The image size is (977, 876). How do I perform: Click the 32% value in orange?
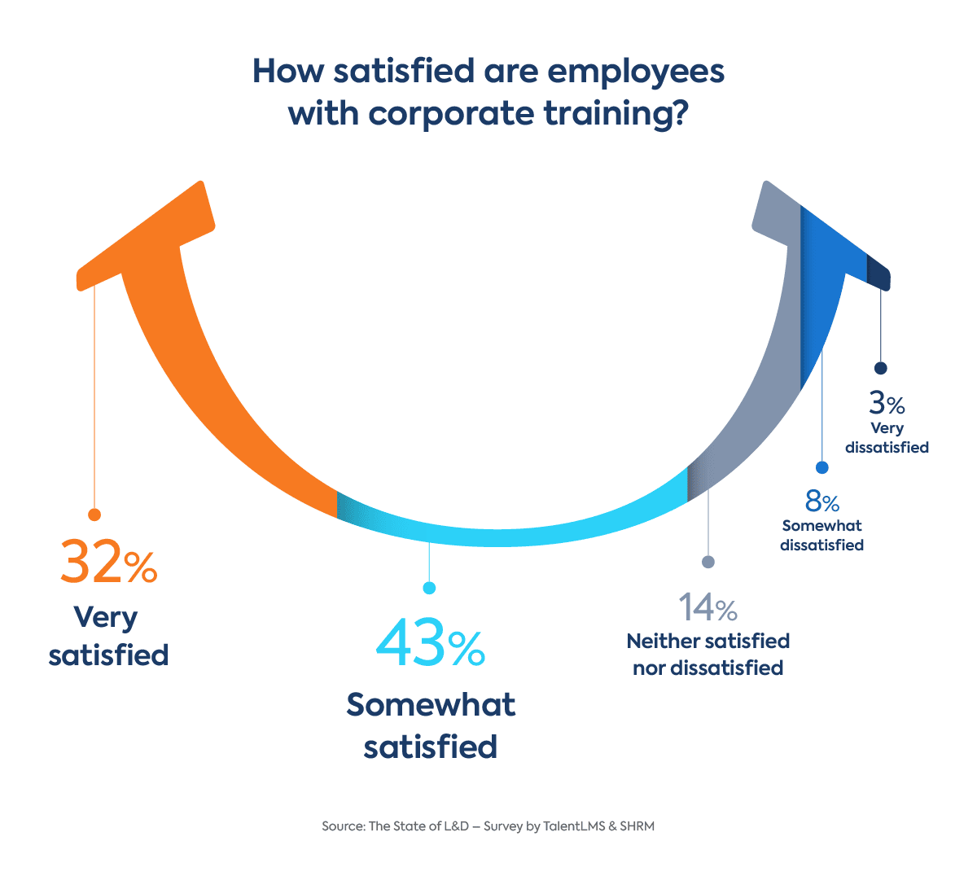click(108, 562)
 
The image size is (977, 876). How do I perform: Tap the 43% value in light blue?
click(430, 643)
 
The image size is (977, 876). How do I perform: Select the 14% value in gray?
click(708, 607)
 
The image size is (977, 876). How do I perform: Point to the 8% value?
click(821, 502)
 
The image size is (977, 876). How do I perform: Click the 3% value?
click(887, 403)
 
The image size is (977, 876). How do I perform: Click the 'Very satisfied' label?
click(108, 636)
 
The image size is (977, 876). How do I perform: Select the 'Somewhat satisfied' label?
click(430, 725)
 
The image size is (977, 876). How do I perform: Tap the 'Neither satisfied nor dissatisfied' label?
click(708, 655)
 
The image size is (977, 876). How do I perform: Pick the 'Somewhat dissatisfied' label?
click(821, 536)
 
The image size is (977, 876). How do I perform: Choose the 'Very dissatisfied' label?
click(887, 437)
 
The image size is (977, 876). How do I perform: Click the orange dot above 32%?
click(94, 515)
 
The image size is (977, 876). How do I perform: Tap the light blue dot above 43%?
click(430, 588)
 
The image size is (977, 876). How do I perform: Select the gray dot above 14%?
click(708, 562)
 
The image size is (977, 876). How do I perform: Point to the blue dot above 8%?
click(821, 467)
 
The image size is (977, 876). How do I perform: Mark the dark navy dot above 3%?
click(880, 368)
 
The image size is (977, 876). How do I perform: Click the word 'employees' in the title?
click(637, 72)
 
